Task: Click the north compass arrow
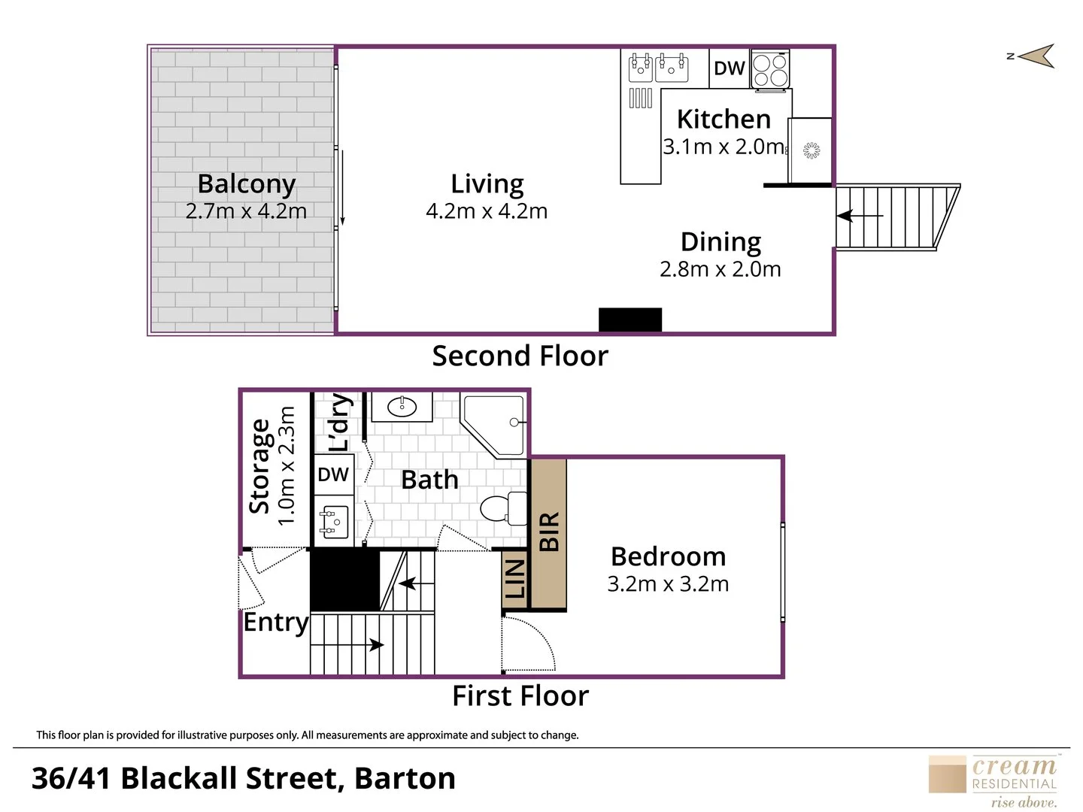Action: pyautogui.click(x=1036, y=56)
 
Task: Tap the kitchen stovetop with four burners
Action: pyautogui.click(x=770, y=70)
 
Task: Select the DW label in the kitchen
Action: pyautogui.click(x=730, y=68)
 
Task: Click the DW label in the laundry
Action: pyautogui.click(x=333, y=474)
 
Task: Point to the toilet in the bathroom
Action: pyautogui.click(x=504, y=507)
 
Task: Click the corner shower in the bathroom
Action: pyautogui.click(x=493, y=425)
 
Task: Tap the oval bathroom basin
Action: pyautogui.click(x=402, y=407)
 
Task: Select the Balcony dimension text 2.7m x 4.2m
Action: pyautogui.click(x=246, y=211)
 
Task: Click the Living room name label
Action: pyautogui.click(x=487, y=184)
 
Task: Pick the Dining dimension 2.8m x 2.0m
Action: pyautogui.click(x=720, y=269)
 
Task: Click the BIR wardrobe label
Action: pyautogui.click(x=549, y=531)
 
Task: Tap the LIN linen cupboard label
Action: pyautogui.click(x=515, y=579)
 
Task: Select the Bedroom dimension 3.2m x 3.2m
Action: pyautogui.click(x=668, y=583)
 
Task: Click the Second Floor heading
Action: pyautogui.click(x=520, y=356)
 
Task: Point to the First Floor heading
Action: pyautogui.click(x=520, y=696)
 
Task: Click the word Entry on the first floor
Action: pyautogui.click(x=276, y=623)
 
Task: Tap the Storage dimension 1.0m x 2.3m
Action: pyautogui.click(x=287, y=466)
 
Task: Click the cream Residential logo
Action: pyautogui.click(x=993, y=781)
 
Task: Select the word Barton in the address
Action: pyautogui.click(x=405, y=778)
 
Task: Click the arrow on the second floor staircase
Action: pyautogui.click(x=860, y=216)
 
